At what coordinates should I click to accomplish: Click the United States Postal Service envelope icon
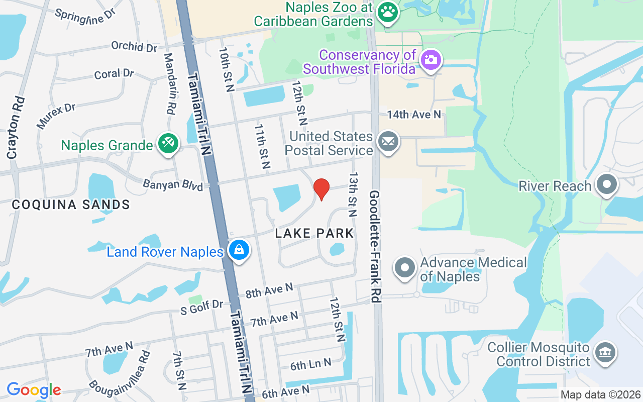pyautogui.click(x=388, y=142)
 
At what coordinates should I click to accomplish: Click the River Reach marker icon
pyautogui.click(x=607, y=185)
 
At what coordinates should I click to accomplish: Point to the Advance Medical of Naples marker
pyautogui.click(x=404, y=268)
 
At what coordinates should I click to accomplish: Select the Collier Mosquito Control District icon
pyautogui.click(x=605, y=354)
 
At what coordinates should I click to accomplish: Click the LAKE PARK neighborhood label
pyautogui.click(x=314, y=233)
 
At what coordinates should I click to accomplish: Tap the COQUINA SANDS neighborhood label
pyautogui.click(x=71, y=205)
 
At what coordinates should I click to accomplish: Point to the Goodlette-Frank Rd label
pyautogui.click(x=375, y=246)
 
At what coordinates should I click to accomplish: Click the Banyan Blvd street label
pyautogui.click(x=173, y=184)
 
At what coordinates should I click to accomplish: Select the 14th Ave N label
pyautogui.click(x=413, y=115)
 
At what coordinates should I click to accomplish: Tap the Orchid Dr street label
pyautogui.click(x=134, y=46)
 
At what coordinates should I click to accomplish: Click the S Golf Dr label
pyautogui.click(x=202, y=307)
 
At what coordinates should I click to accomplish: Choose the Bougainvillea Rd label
pyautogui.click(x=120, y=372)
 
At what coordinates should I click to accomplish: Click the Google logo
pyautogui.click(x=34, y=389)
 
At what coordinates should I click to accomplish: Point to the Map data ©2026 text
pyautogui.click(x=601, y=395)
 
